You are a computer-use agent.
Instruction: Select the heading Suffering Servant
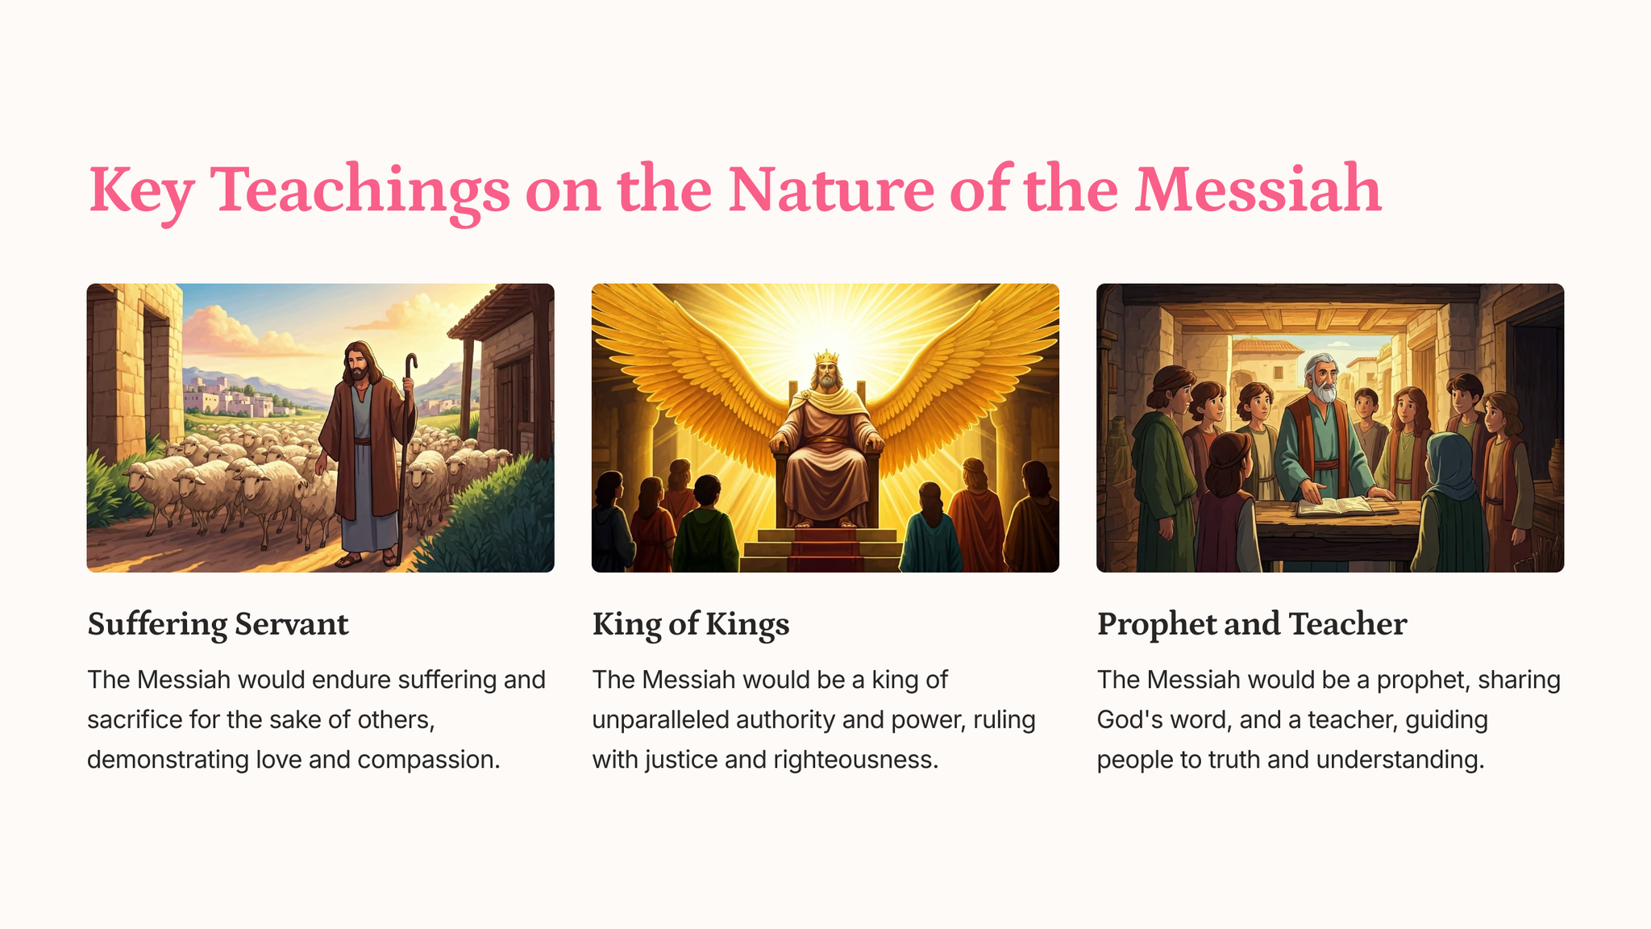[x=218, y=625]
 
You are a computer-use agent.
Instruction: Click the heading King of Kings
[x=691, y=625]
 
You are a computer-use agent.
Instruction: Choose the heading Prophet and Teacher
[x=1252, y=625]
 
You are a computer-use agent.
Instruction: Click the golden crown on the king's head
[x=826, y=357]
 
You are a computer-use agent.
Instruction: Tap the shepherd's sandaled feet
[x=369, y=559]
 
